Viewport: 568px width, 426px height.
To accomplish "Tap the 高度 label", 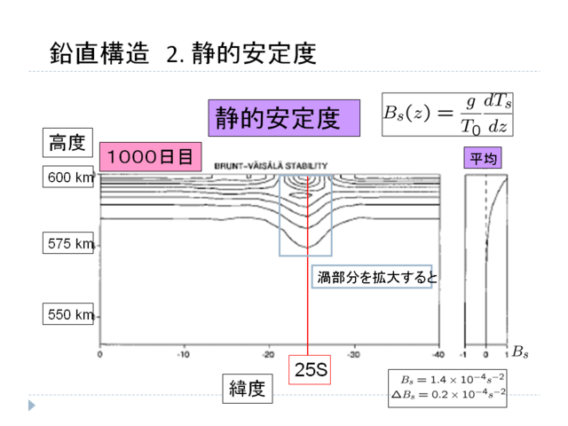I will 67,143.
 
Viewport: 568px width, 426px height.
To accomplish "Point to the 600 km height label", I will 70,177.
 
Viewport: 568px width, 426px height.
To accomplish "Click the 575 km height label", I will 70,243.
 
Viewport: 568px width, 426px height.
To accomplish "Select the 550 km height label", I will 70,314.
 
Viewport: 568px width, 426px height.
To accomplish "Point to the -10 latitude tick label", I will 183,354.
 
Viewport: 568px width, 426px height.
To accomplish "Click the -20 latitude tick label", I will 268,354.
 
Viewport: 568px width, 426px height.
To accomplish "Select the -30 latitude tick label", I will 352,354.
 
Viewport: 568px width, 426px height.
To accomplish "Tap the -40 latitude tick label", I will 437,354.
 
